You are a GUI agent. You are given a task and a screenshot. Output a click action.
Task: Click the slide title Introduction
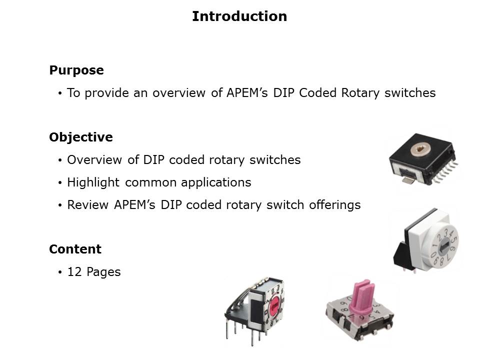pyautogui.click(x=239, y=16)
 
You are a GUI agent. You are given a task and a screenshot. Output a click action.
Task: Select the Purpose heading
pyautogui.click(x=76, y=70)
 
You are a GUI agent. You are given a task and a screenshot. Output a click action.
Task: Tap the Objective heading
pyautogui.click(x=81, y=137)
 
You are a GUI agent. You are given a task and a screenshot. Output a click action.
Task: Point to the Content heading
pyautogui.click(x=75, y=249)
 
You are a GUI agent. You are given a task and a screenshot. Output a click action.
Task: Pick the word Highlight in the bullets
pyautogui.click(x=94, y=182)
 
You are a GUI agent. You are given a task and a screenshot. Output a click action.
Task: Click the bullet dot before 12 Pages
pyautogui.click(x=60, y=272)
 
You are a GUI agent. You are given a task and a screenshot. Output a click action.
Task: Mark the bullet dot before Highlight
pyautogui.click(x=60, y=183)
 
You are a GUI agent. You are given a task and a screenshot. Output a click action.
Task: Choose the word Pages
pyautogui.click(x=103, y=272)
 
